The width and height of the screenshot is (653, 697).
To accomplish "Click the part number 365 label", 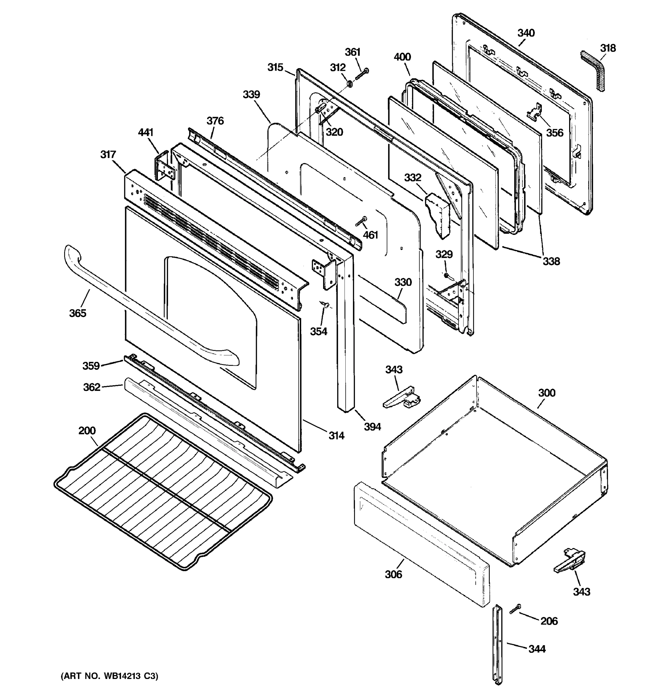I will point(77,313).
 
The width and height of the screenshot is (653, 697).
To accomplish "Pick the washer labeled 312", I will point(349,84).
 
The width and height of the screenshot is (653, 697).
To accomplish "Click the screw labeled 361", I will point(362,74).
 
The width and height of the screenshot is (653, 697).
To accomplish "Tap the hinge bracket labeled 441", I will point(165,168).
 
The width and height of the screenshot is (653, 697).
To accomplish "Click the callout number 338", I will point(551,261).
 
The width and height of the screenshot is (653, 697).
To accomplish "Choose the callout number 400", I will point(402,57).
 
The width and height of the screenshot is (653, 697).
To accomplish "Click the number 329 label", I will point(444,254).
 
